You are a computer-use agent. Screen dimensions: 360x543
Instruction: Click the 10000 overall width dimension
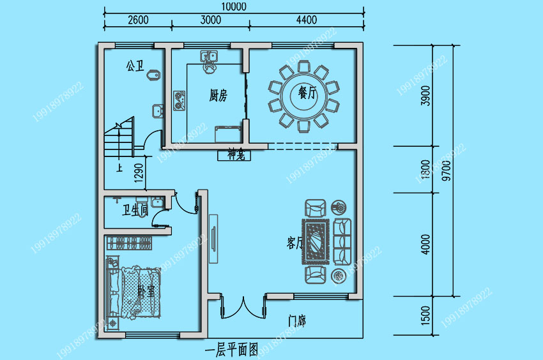(x=234, y=6)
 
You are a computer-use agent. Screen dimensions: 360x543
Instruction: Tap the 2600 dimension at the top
(x=138, y=20)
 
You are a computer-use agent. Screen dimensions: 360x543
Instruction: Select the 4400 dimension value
(x=307, y=20)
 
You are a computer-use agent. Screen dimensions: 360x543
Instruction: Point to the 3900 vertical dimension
(x=426, y=96)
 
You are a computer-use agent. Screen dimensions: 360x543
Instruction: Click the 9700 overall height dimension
(x=446, y=171)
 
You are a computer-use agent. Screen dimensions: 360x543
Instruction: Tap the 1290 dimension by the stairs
(x=139, y=169)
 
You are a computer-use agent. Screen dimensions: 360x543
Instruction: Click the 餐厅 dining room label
(x=307, y=93)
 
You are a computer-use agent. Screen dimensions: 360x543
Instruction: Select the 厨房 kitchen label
(x=218, y=96)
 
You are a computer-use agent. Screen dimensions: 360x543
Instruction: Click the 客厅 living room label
(x=294, y=243)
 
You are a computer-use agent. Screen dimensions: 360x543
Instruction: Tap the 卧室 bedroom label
(x=146, y=291)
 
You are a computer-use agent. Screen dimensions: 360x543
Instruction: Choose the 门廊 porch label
(x=296, y=320)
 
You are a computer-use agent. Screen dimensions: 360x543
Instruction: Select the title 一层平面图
(x=231, y=350)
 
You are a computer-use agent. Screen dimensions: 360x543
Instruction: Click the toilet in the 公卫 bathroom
(x=152, y=77)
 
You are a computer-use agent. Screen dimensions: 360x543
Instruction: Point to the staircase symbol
(x=119, y=140)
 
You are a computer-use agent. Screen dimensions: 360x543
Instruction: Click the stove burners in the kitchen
(x=179, y=100)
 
